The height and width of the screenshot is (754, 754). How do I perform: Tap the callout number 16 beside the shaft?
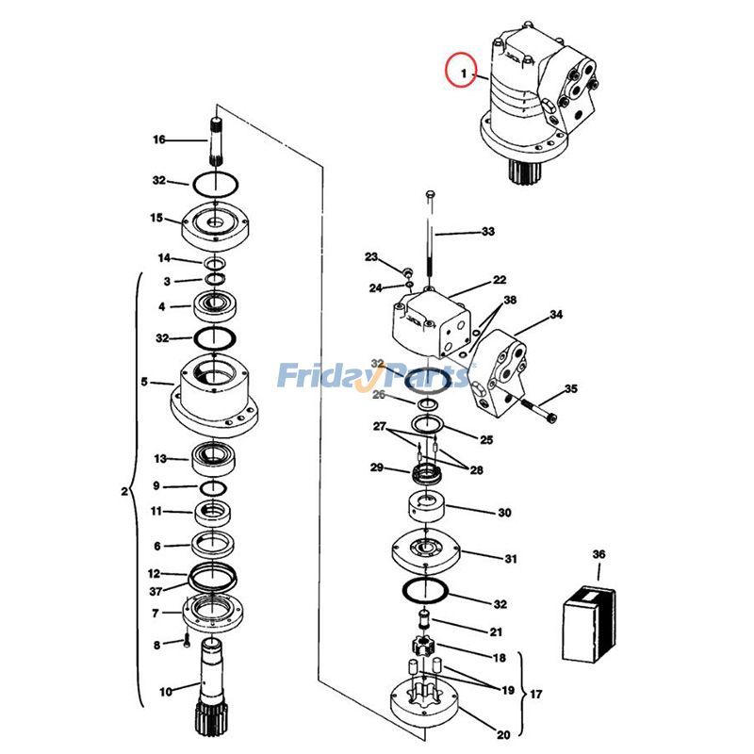click(158, 139)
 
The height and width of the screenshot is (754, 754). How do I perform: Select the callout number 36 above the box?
click(598, 554)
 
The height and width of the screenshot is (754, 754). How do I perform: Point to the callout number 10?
click(165, 692)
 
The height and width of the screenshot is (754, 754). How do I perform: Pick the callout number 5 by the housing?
click(144, 382)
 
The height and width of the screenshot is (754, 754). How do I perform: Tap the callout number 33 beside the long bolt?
click(487, 231)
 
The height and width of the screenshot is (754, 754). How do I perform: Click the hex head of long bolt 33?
click(431, 195)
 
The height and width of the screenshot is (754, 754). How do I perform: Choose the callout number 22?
click(499, 279)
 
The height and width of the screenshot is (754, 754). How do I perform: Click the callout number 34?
click(556, 314)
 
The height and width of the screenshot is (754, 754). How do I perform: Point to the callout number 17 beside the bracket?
click(535, 695)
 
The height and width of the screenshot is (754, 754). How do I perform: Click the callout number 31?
click(510, 558)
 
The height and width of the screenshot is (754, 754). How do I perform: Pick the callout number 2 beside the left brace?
click(124, 490)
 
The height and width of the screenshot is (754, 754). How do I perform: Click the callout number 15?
click(156, 218)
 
